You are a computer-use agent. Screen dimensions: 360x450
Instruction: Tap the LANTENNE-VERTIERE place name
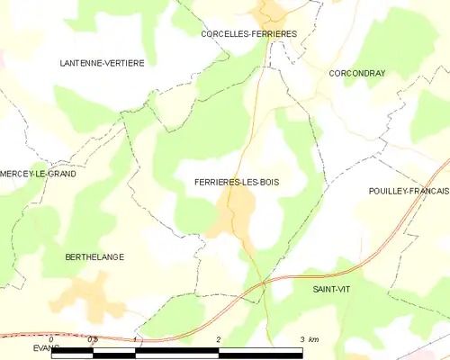tap(102, 63)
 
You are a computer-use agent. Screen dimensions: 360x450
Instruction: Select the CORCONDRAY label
tap(357, 73)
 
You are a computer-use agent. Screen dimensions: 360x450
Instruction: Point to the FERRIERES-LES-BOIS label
tap(237, 182)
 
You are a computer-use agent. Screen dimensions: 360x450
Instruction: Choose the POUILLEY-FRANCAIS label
tap(409, 192)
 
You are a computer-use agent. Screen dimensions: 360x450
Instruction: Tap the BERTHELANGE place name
tap(94, 257)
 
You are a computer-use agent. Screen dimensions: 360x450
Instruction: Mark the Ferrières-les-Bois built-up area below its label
tap(232, 216)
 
